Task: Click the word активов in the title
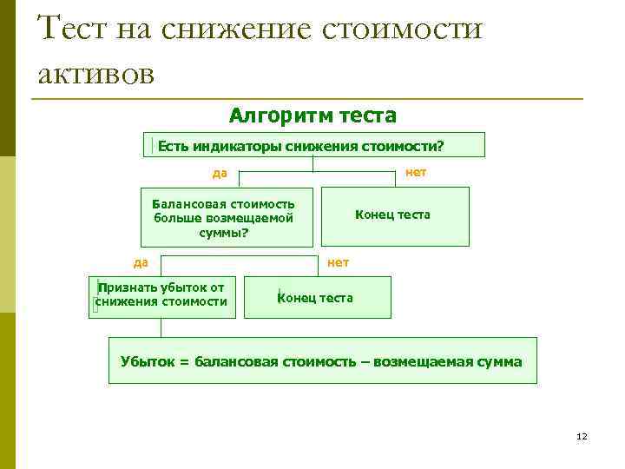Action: coord(96,74)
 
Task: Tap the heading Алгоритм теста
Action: coord(312,115)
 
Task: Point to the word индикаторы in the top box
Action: coord(230,145)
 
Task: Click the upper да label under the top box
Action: coord(220,173)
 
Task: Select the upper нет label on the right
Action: coord(416,172)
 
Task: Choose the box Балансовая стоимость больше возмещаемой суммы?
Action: coord(225,217)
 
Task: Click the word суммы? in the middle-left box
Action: coord(224,232)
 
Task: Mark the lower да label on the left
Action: coord(140,261)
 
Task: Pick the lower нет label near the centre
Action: coord(339,261)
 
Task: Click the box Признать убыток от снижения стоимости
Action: coord(162,296)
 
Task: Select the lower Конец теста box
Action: coord(317,297)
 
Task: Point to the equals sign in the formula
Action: coord(183,361)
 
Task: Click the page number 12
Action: coord(582,436)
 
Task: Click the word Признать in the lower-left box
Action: coord(128,287)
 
